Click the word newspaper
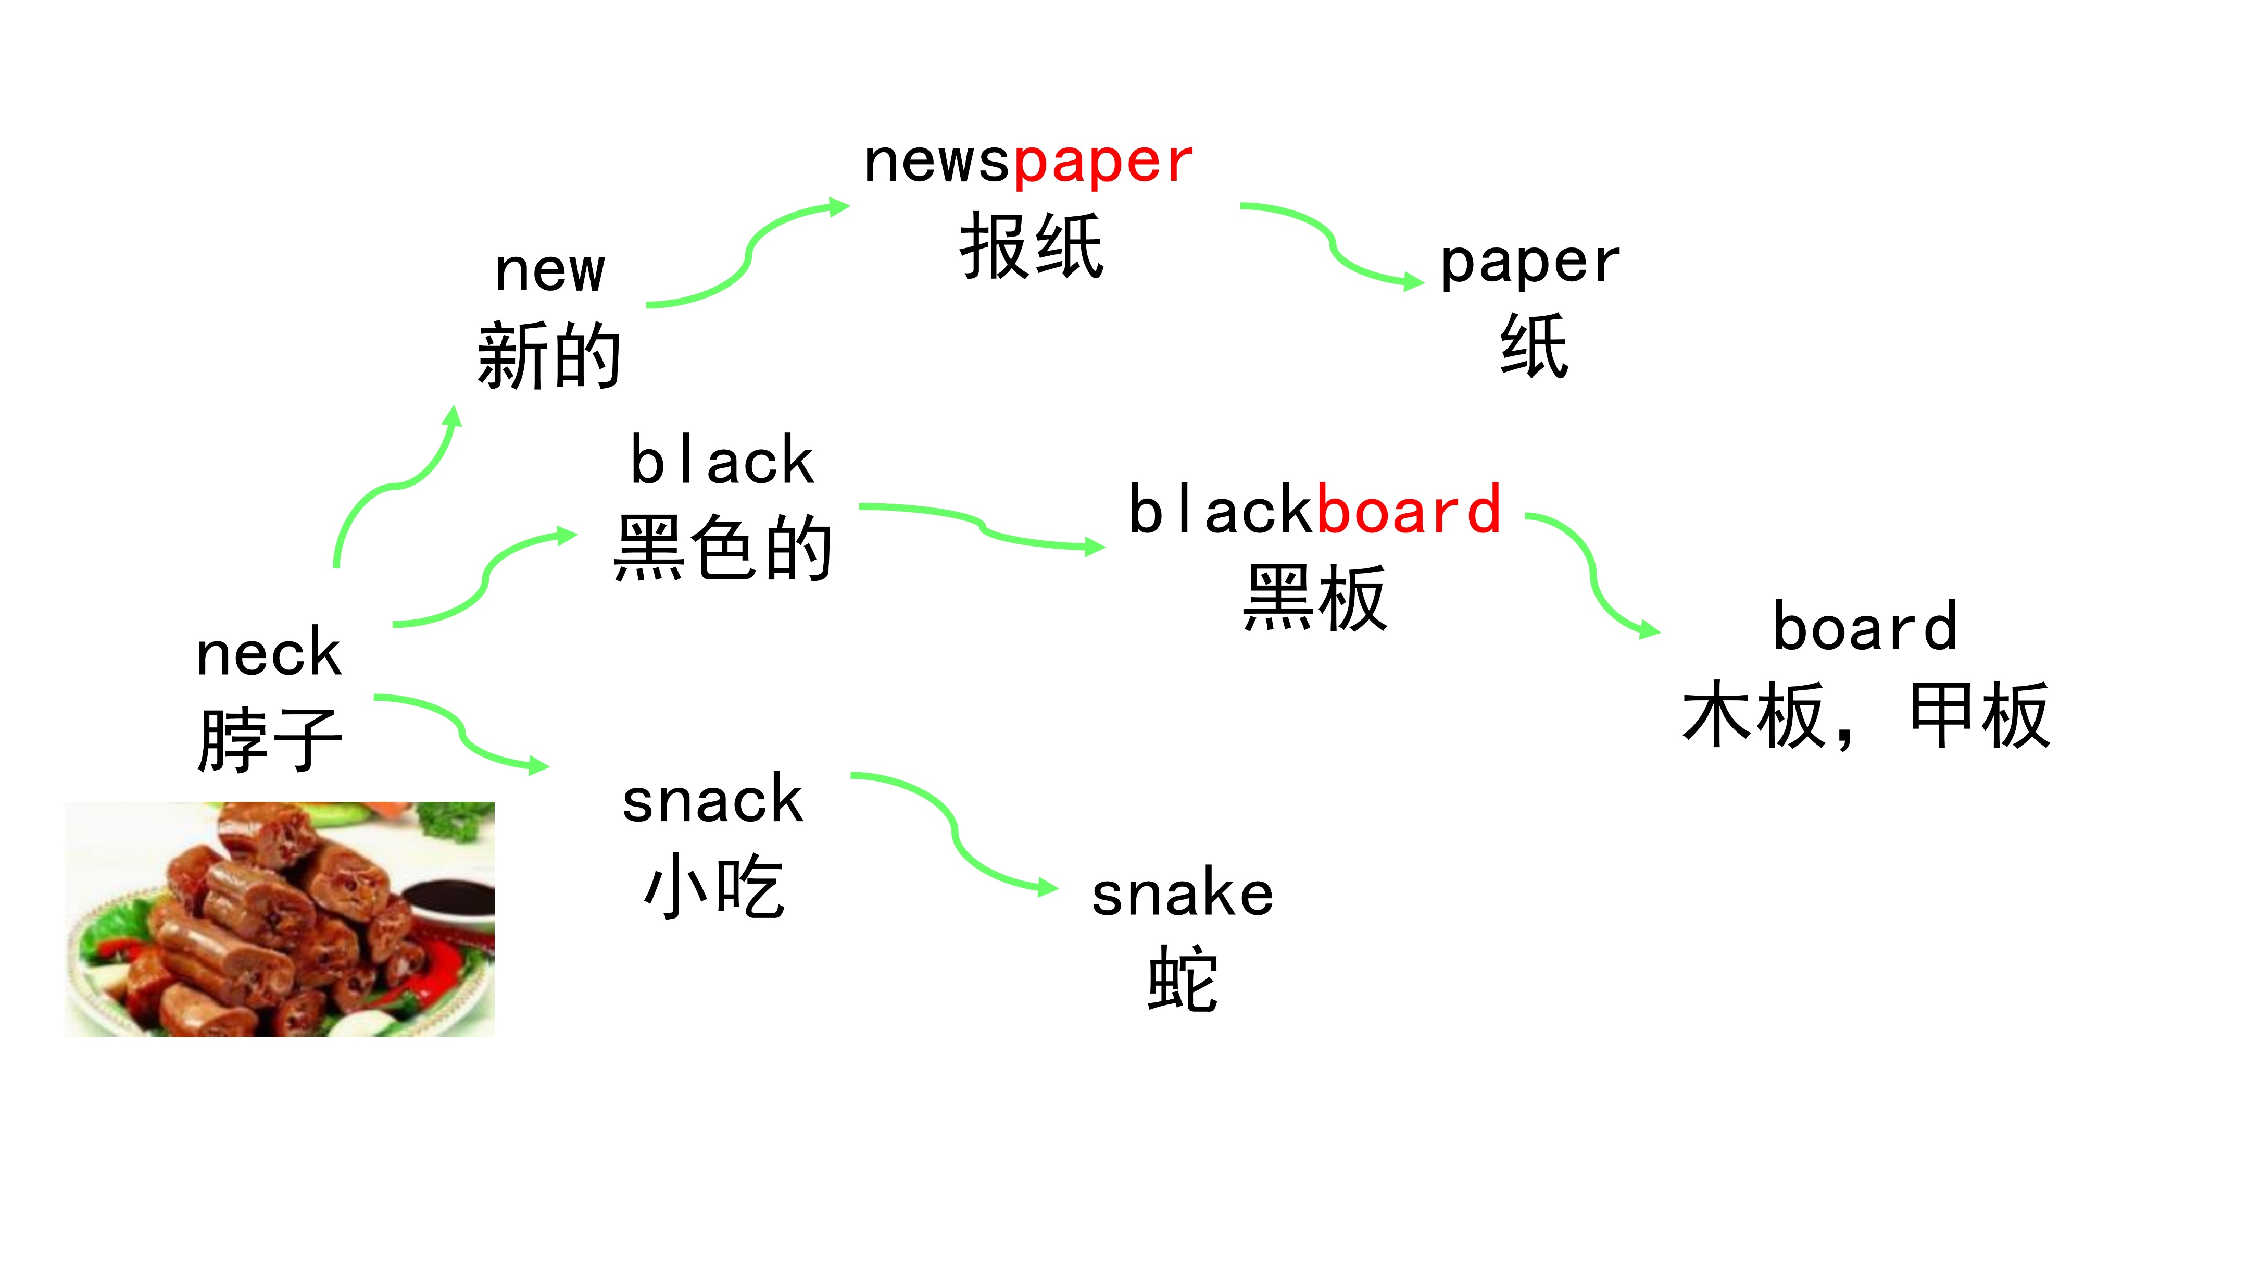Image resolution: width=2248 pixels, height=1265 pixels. coord(1028,163)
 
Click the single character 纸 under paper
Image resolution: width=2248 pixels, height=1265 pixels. coord(1534,346)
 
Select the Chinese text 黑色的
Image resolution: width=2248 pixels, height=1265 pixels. coord(723,548)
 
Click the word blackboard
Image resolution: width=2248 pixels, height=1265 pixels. coord(1314,510)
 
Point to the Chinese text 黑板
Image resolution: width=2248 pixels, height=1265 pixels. coord(1314,598)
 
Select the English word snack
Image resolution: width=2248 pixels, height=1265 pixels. coord(712,801)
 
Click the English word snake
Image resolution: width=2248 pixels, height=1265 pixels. coord(1183,895)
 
